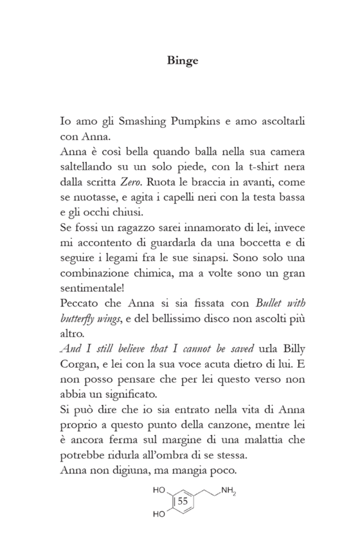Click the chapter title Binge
click(180, 61)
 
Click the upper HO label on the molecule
click(159, 490)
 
